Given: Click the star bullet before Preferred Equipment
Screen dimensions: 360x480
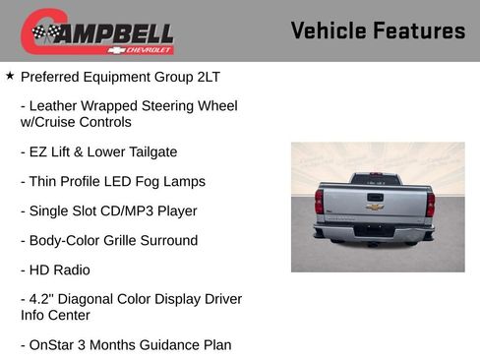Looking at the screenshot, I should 10,74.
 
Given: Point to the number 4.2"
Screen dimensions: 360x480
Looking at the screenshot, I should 44,299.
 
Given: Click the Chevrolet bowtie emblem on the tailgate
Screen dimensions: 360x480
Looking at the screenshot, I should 375,207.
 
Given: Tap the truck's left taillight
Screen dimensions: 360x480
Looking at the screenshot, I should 320,202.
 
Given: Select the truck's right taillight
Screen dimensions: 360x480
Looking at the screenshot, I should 431,204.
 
